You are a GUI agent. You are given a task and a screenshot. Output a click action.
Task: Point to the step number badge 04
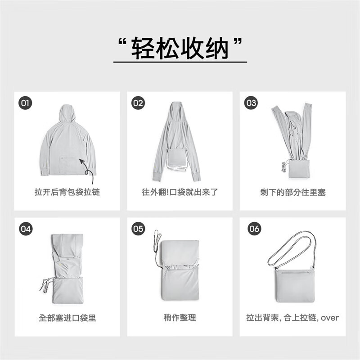point(26,229)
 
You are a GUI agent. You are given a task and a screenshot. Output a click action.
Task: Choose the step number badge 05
point(138,229)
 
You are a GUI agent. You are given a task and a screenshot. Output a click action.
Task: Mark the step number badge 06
point(254,229)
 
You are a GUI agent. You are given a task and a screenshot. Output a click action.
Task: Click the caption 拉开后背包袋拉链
point(67,192)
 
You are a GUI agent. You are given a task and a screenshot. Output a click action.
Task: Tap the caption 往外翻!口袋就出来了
point(180,192)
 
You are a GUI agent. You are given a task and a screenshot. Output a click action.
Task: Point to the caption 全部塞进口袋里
point(67,318)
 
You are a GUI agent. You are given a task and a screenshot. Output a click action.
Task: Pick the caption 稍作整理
point(180,318)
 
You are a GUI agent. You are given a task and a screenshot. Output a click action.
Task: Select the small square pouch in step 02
point(175,157)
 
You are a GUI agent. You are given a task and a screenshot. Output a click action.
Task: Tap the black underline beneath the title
point(180,62)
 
